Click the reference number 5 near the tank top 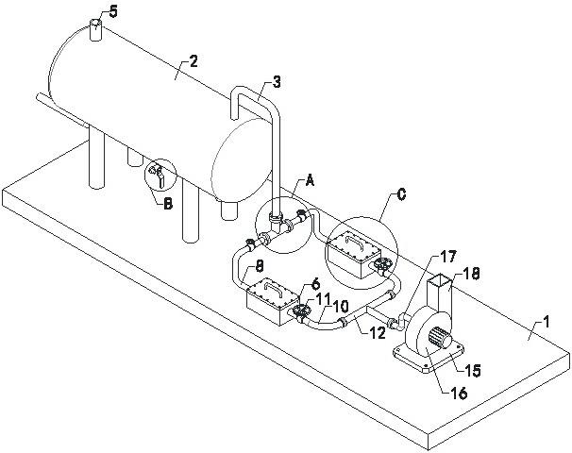tap(113, 12)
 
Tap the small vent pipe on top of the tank tap(95, 30)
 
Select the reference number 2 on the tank tap(193, 61)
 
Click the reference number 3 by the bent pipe tap(277, 82)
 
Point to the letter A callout tap(310, 180)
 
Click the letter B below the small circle tap(167, 204)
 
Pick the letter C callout tap(401, 194)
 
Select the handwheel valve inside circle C tap(383, 266)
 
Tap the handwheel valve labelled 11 tap(301, 312)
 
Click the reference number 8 tap(259, 268)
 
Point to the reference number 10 tap(340, 307)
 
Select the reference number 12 tap(377, 332)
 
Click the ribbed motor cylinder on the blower tap(441, 338)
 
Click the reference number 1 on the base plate tap(546, 323)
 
